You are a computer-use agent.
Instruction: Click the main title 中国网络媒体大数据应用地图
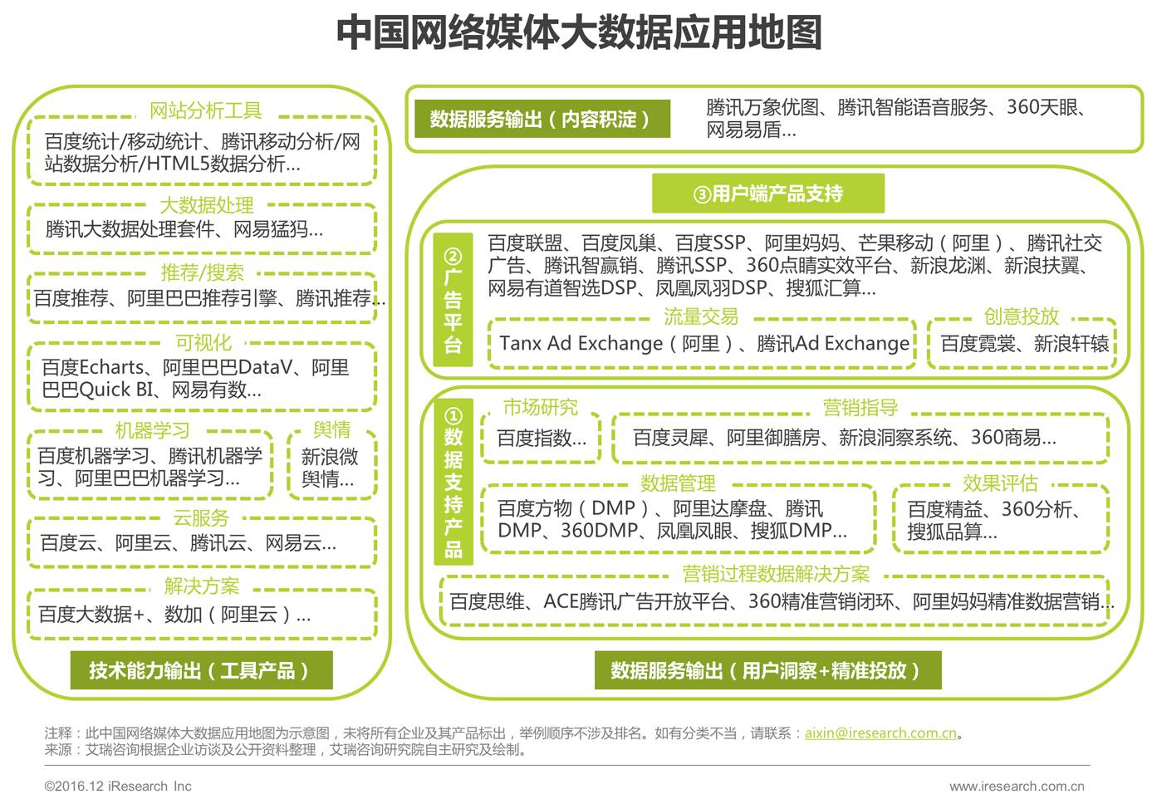(x=578, y=33)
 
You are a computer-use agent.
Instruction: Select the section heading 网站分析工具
(x=205, y=110)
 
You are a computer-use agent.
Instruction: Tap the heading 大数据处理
(x=206, y=205)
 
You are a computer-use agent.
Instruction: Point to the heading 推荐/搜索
(x=203, y=273)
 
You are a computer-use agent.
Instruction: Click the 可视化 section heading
(x=203, y=343)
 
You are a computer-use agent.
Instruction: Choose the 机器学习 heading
(x=152, y=430)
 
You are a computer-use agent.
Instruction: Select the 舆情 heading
(x=331, y=430)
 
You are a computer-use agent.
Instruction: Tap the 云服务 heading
(x=201, y=518)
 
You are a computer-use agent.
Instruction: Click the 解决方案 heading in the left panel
(x=201, y=586)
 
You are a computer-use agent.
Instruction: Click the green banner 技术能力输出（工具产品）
(x=199, y=670)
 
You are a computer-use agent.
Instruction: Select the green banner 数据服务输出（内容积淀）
(x=542, y=120)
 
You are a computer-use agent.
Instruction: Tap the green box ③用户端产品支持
(x=768, y=194)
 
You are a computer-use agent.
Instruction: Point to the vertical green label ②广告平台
(x=453, y=301)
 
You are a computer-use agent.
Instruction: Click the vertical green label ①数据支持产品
(x=453, y=482)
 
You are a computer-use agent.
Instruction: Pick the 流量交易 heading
(x=701, y=316)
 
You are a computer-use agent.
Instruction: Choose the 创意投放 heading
(x=1021, y=316)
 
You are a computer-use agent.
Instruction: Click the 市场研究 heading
(x=541, y=407)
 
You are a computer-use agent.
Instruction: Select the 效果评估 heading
(x=1000, y=483)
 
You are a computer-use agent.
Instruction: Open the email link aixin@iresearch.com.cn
(x=880, y=733)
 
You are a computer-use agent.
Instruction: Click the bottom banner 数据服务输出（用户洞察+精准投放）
(x=767, y=670)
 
